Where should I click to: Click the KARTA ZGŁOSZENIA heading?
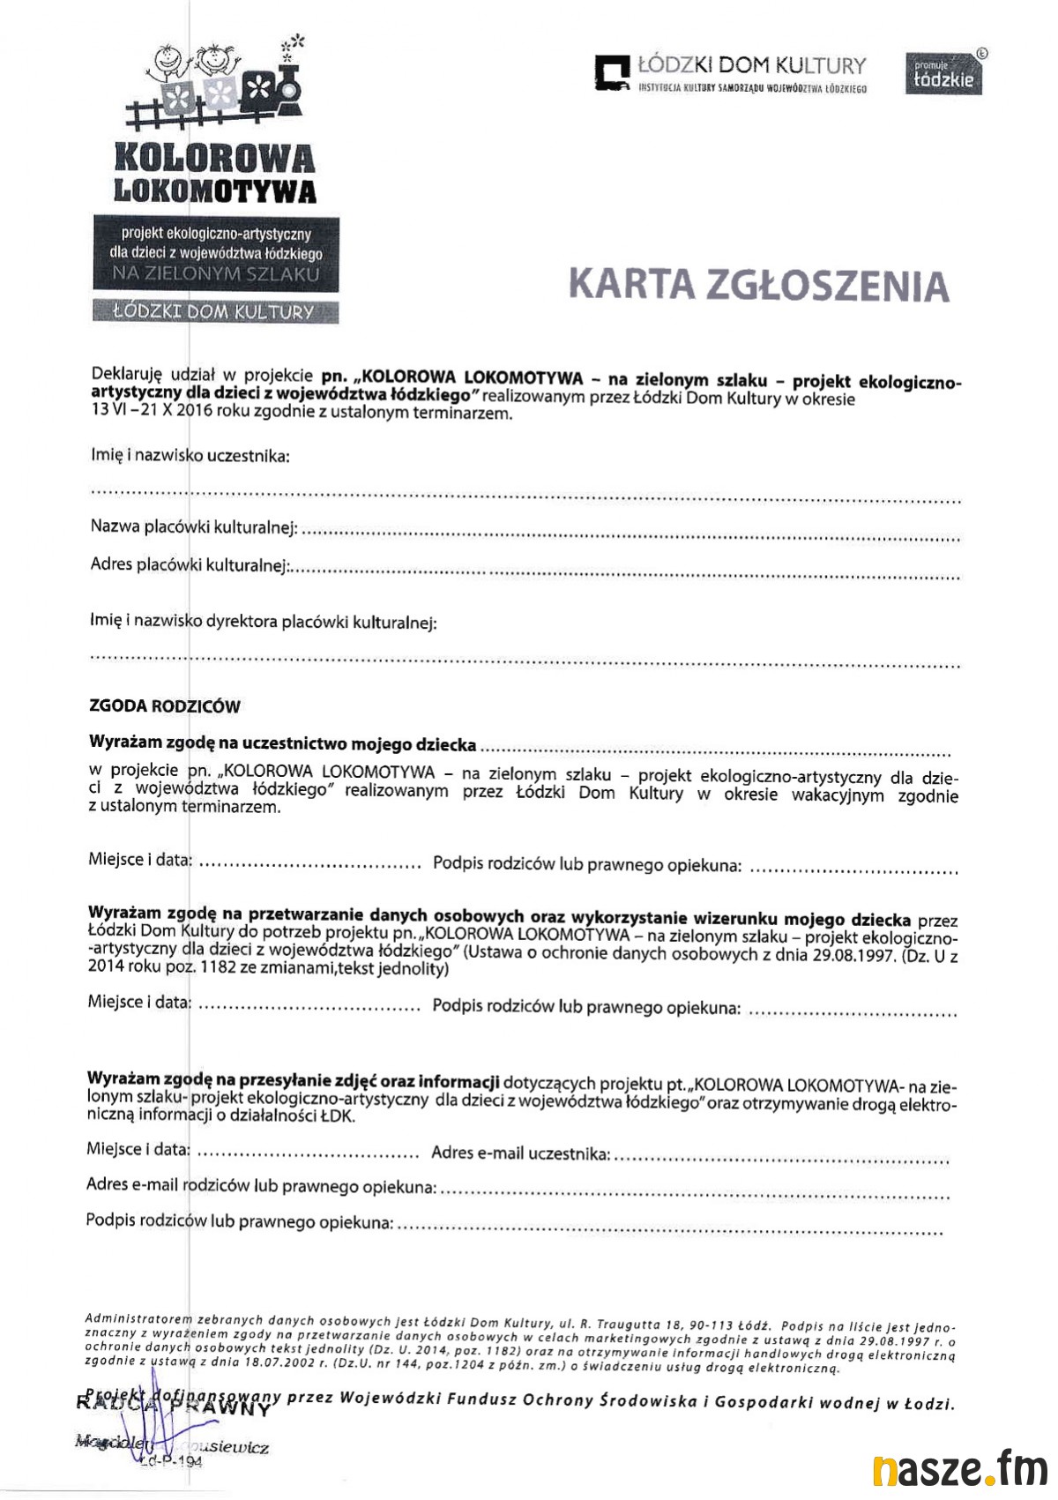[759, 285]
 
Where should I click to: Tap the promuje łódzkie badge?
[943, 74]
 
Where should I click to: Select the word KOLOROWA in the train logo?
[214, 157]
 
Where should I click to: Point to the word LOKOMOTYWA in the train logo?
[215, 190]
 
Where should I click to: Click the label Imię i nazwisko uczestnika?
[190, 456]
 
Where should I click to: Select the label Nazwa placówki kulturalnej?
[193, 526]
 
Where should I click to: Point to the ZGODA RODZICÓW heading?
[164, 706]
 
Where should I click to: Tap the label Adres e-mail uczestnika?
[519, 1153]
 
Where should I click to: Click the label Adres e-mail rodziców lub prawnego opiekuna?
[260, 1186]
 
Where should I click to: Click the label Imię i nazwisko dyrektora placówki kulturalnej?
[263, 622]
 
